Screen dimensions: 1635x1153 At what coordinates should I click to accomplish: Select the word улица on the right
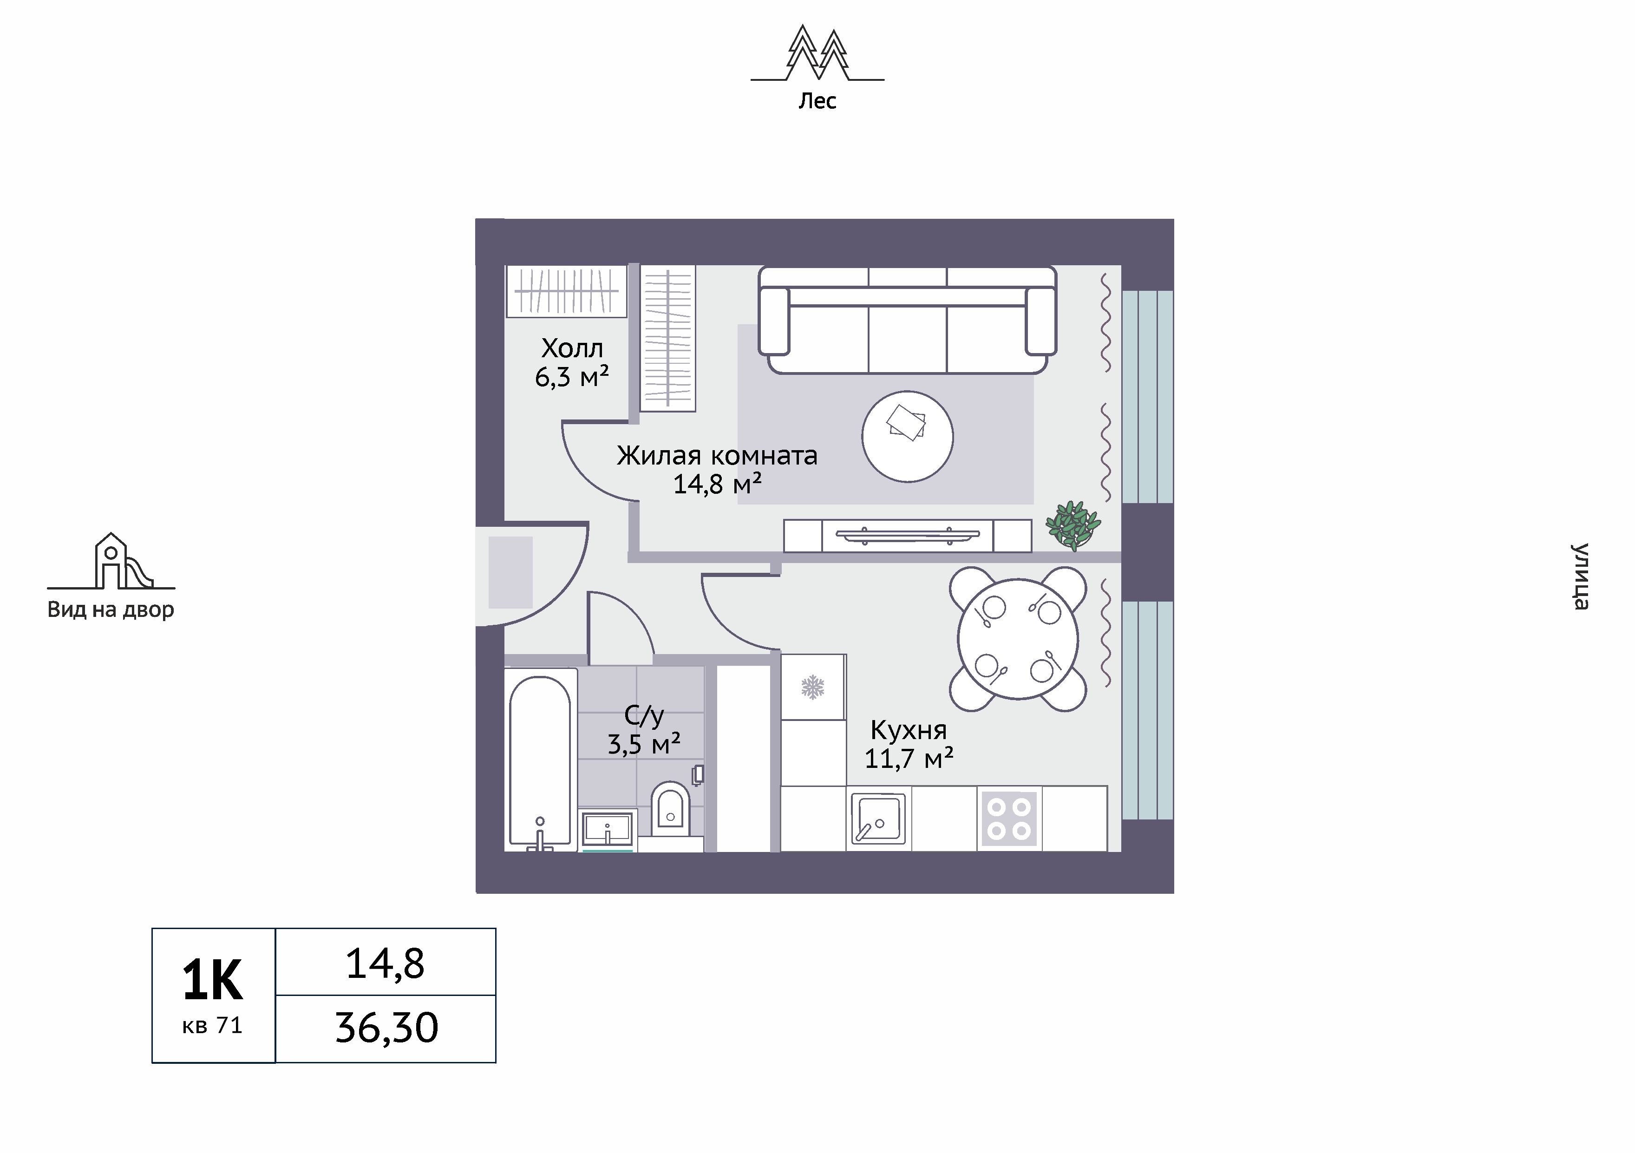1580,577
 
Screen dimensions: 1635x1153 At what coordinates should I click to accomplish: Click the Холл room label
572,348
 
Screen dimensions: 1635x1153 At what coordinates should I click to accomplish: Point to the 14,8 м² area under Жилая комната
717,484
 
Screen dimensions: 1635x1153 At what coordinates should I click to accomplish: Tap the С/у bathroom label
644,715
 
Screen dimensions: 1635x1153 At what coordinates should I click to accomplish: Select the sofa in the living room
907,320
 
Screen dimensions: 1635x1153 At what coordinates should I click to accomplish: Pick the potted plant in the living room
1073,525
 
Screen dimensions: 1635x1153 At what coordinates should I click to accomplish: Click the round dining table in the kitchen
1018,639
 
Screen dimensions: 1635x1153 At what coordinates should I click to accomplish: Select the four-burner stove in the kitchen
1009,819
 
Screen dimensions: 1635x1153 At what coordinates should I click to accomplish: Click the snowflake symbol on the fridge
812,687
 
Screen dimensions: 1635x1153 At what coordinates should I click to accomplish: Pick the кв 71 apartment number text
212,1026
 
